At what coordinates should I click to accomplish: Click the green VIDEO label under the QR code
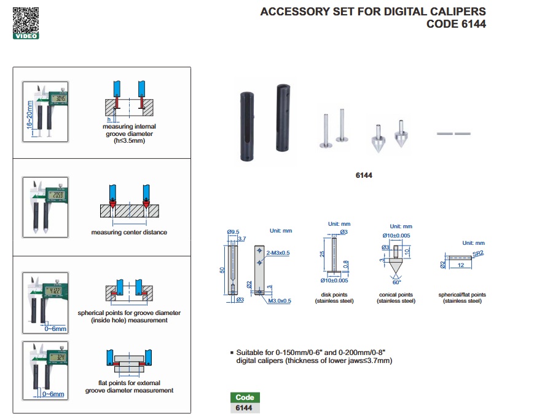[x=26, y=36]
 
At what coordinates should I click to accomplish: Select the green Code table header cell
[x=245, y=397]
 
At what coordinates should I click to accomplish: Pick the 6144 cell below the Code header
[x=245, y=408]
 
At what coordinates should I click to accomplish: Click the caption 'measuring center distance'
[x=129, y=233]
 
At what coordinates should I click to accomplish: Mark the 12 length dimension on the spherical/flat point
[x=459, y=266]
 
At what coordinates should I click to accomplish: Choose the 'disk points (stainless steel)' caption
[x=334, y=298]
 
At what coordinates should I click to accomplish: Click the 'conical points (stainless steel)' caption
[x=396, y=298]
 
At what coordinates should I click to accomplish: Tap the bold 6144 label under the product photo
[x=364, y=175]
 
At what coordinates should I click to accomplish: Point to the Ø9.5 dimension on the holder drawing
[x=233, y=231]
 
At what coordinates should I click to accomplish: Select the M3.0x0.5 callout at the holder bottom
[x=278, y=300]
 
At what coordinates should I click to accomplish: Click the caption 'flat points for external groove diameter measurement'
[x=129, y=386]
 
